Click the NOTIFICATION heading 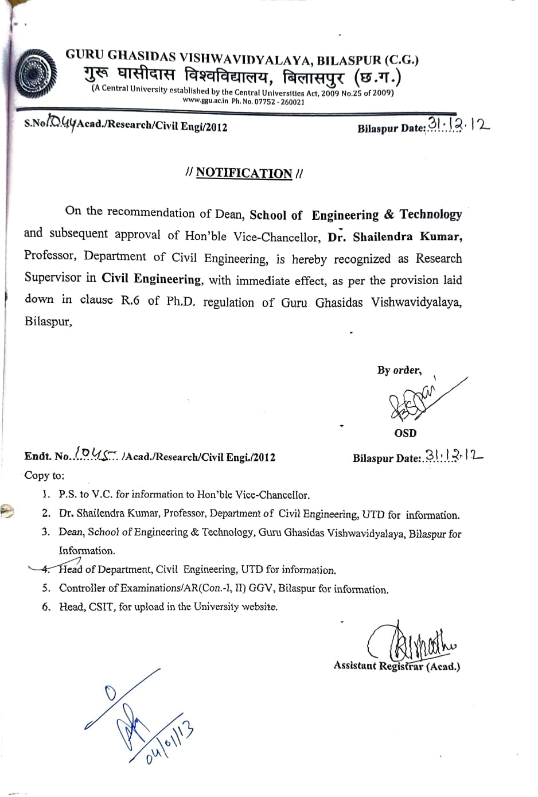tap(244, 173)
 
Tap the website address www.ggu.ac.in tap(205, 101)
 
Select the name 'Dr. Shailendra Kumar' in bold tap(395, 237)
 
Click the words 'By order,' tap(399, 370)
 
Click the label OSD tap(405, 433)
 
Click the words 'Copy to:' tap(45, 476)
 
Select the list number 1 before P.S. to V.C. tap(46, 494)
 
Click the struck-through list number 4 tap(46, 569)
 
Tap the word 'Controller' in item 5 tap(82, 588)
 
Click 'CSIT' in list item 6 tap(101, 607)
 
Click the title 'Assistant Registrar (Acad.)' tap(396, 666)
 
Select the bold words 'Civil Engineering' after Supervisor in tap(151, 279)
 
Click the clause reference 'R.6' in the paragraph tap(130, 300)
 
